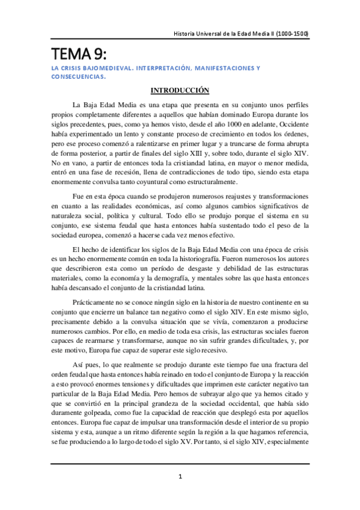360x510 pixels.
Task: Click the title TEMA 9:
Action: coord(78,54)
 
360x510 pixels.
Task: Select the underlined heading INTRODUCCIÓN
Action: coord(180,91)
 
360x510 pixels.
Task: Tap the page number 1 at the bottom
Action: coord(180,476)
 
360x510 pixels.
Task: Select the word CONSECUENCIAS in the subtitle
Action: coord(78,77)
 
